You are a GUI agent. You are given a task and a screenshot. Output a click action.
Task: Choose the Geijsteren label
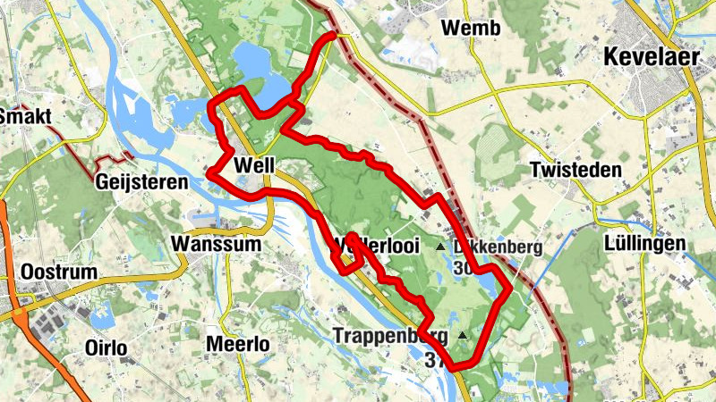141,182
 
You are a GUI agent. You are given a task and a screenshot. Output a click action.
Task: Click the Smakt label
27,116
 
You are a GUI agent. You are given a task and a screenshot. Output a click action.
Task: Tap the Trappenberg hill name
392,336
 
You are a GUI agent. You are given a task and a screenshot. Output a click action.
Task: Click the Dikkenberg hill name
498,247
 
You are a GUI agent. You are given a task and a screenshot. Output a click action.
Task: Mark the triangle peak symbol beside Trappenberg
462,336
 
